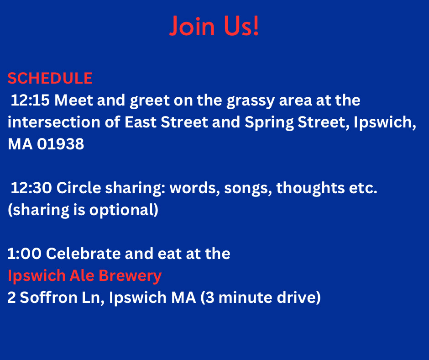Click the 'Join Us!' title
214,26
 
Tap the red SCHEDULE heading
50,79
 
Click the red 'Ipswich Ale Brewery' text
84,276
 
